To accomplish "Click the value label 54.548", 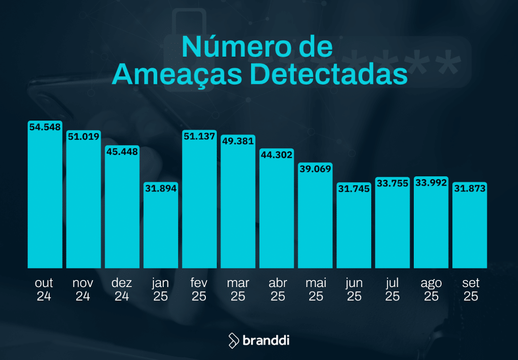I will pos(45,128).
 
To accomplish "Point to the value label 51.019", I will pos(83,137).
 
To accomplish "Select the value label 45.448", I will pos(122,151).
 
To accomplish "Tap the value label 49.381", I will pos(238,141).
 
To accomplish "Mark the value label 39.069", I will pos(315,169).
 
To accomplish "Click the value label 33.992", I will pos(431,183).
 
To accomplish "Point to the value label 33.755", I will pos(393,183).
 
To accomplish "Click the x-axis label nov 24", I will pos(83,289).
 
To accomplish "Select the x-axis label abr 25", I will pos(277,289).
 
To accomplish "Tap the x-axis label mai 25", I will pos(316,289).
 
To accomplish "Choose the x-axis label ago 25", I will pos(431,289).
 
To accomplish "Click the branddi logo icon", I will pos(234,340).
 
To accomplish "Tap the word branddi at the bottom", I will pos(266,340).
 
